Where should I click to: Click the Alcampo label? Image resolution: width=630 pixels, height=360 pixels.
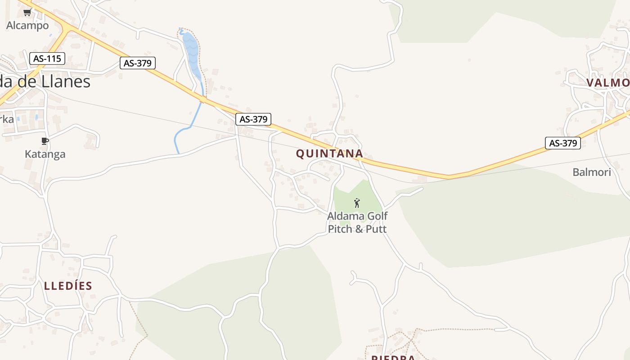27,26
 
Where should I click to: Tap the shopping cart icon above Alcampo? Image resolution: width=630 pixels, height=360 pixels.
27,13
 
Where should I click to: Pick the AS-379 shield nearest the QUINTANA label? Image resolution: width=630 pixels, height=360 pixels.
254,119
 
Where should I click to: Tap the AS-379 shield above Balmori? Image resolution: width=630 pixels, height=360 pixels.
563,143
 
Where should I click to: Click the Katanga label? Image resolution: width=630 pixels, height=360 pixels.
45,154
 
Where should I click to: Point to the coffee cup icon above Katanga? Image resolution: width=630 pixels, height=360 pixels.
45,141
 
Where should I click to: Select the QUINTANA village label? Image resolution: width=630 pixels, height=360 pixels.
329,153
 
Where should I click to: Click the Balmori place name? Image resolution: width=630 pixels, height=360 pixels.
591,171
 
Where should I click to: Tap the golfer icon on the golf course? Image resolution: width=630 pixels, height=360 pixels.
357,203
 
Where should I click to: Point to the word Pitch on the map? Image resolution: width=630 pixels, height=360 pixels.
340,229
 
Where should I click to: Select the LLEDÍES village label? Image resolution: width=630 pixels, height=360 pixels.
68,285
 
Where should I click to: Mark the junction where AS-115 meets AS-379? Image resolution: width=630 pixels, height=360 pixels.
67,29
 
